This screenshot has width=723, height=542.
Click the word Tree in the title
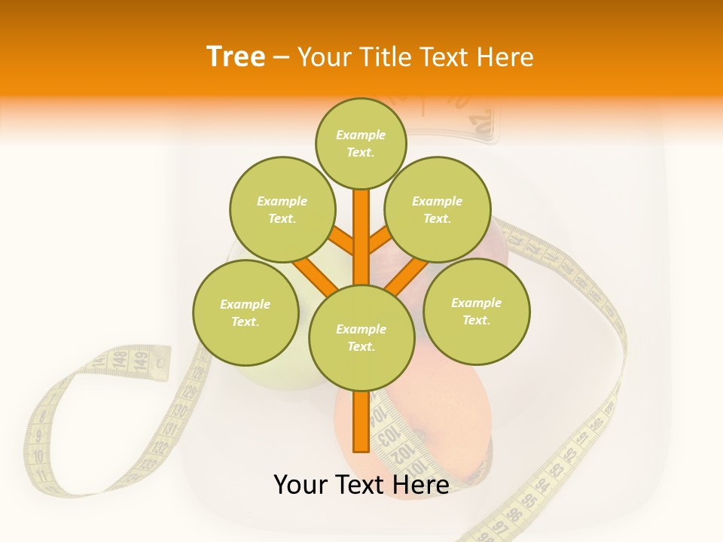(x=236, y=56)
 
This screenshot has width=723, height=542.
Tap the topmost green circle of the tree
(x=361, y=143)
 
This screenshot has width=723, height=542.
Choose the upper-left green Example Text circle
(x=282, y=209)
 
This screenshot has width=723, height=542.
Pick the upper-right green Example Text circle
(x=437, y=209)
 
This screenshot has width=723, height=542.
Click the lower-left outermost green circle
(x=246, y=312)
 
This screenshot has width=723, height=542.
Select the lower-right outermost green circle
(x=476, y=311)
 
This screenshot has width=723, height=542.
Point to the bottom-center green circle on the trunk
(x=361, y=338)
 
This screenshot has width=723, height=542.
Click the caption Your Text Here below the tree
(x=361, y=485)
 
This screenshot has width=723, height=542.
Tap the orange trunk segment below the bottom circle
(x=361, y=421)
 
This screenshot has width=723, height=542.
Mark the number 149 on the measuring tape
(x=139, y=361)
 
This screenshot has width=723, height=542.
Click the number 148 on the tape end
(x=119, y=361)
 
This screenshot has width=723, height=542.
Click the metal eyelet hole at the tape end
(x=160, y=364)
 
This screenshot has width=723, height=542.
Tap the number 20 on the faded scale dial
(x=480, y=118)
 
